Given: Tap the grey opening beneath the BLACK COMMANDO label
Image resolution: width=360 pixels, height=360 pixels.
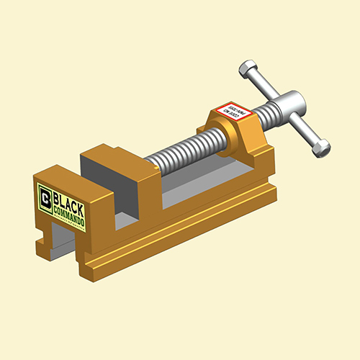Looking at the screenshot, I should pos(61,245).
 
